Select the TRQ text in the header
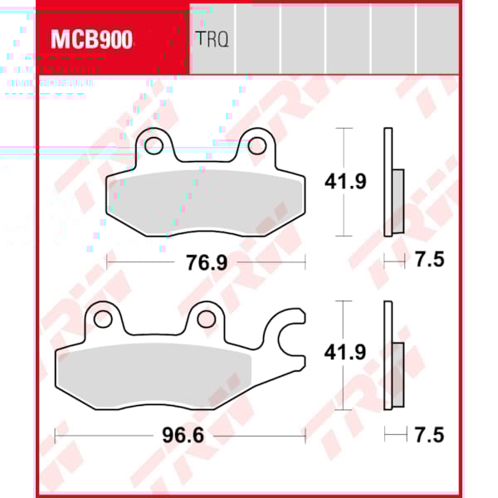click(x=212, y=39)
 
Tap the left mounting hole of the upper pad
click(x=154, y=147)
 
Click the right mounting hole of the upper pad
click(x=257, y=147)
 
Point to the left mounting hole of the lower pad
click(x=102, y=319)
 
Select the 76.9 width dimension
click(x=207, y=261)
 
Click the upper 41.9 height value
click(x=344, y=182)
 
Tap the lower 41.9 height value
click(x=344, y=352)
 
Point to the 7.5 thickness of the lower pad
click(x=429, y=435)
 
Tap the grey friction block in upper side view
click(x=398, y=201)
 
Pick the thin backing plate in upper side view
click(x=387, y=183)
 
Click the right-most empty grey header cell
click(x=437, y=39)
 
